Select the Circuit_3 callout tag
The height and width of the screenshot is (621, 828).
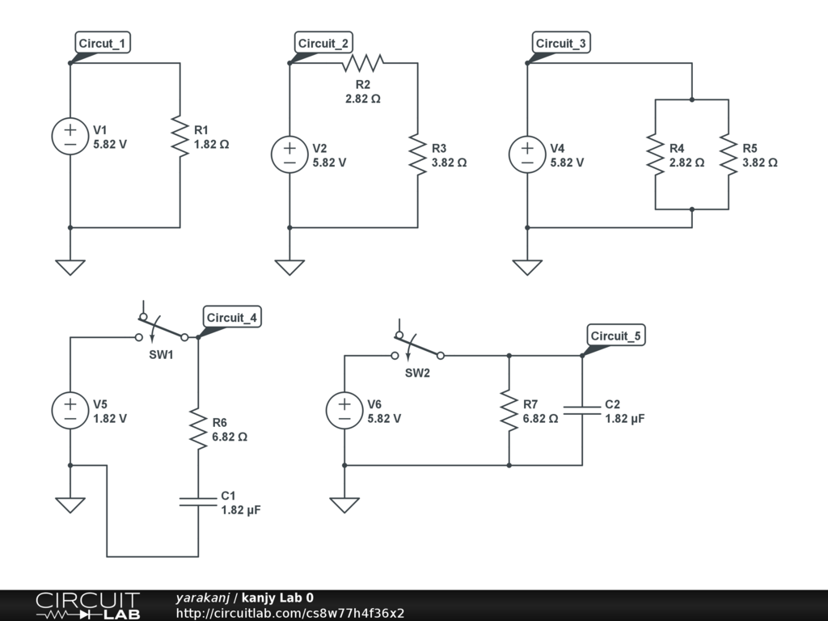[561, 44]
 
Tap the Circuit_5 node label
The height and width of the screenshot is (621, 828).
[616, 336]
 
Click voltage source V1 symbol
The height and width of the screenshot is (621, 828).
[70, 136]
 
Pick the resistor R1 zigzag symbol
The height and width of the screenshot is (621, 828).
[180, 136]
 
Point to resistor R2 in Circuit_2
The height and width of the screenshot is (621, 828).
[363, 62]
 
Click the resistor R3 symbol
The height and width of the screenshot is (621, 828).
[417, 154]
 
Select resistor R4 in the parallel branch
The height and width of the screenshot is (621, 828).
[655, 154]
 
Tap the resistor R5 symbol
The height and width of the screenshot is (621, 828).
[729, 154]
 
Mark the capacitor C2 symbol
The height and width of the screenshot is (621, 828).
[582, 411]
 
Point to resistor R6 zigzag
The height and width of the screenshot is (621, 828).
[198, 429]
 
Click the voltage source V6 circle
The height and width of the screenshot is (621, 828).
[344, 411]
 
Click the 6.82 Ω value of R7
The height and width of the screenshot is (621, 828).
[540, 419]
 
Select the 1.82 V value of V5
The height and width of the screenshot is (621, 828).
[110, 419]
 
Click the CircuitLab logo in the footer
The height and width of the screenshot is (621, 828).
[87, 605]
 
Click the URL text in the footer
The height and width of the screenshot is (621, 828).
[289, 613]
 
